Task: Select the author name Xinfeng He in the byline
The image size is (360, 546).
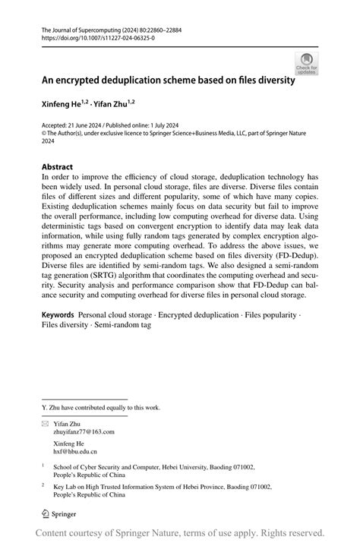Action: point(62,102)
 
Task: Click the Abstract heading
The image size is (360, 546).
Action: point(58,167)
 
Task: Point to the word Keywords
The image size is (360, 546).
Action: point(58,314)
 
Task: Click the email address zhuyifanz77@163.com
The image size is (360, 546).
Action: point(84,431)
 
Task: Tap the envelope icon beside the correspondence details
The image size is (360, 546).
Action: point(45,423)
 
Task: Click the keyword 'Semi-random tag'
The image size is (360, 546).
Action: point(124,324)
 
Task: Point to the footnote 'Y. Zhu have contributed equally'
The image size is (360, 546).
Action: point(101,408)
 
